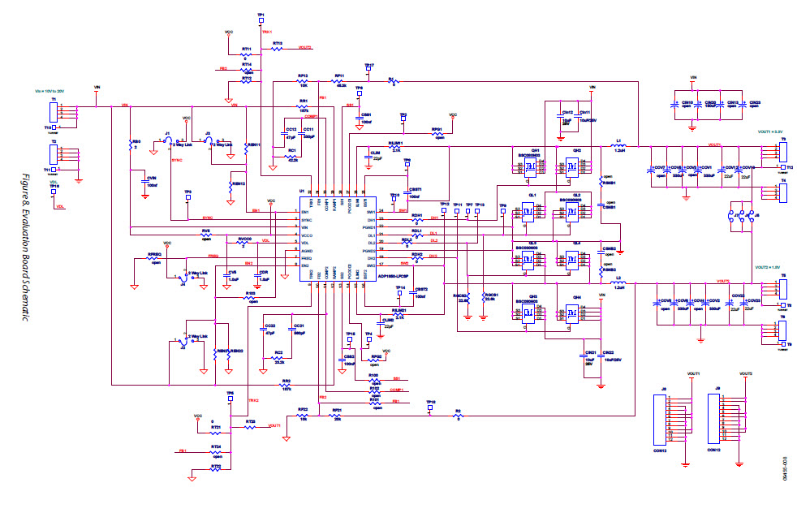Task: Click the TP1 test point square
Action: [x=261, y=21]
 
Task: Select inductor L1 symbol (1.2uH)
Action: [x=618, y=146]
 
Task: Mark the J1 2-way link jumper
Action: [x=166, y=140]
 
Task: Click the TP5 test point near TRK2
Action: [x=230, y=399]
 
